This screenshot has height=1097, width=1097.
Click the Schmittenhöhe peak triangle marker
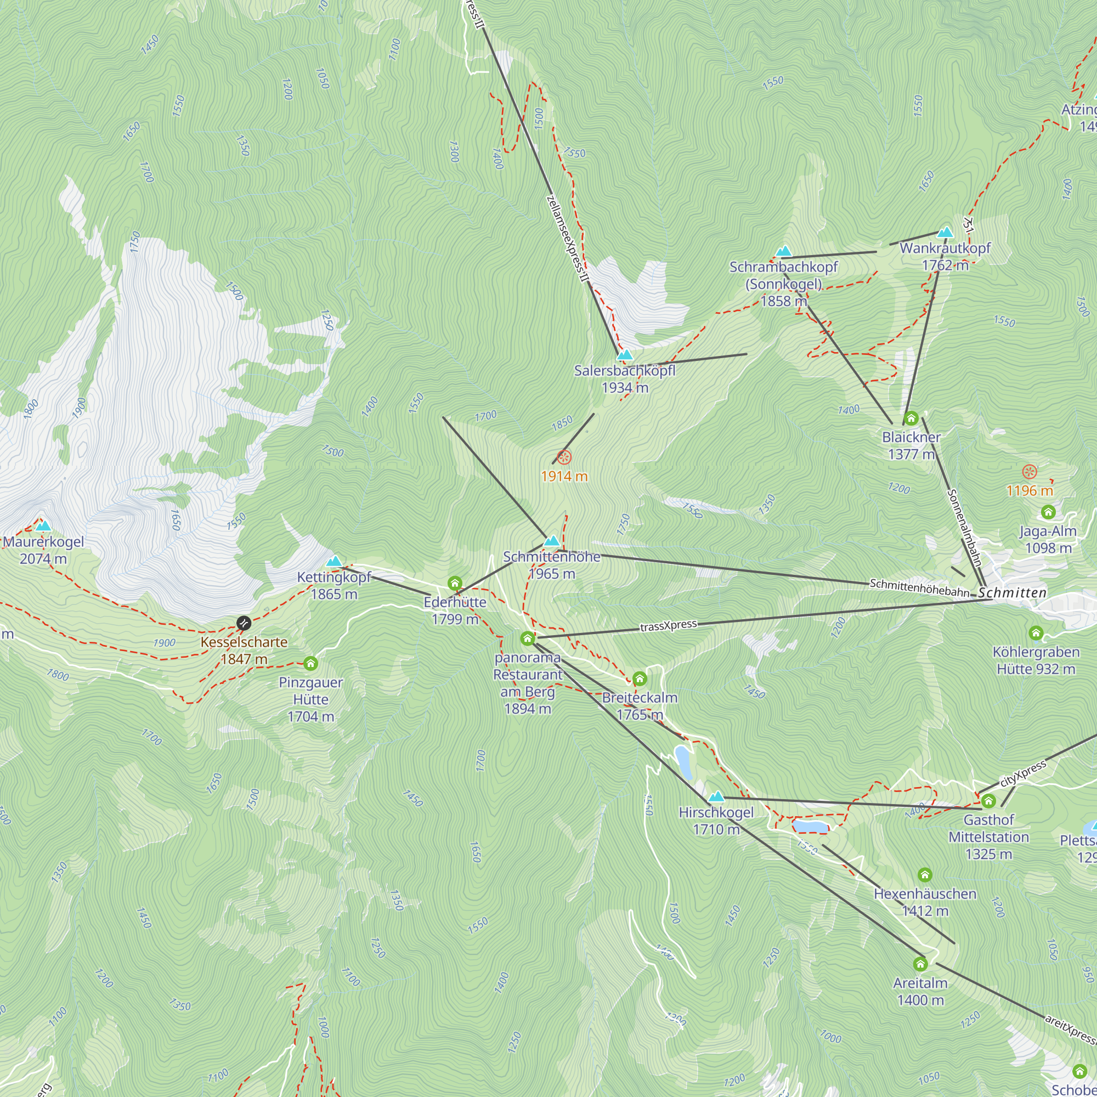click(551, 541)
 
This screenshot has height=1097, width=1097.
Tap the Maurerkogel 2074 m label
click(43, 550)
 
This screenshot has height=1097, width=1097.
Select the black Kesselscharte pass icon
click(244, 623)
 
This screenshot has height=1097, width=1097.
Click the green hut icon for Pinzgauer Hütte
click(310, 663)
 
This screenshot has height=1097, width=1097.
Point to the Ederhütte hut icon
click(454, 583)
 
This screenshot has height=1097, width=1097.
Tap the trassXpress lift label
click(668, 626)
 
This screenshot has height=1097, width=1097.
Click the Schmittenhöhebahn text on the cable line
click(919, 587)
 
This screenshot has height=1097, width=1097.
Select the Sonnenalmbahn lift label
click(964, 528)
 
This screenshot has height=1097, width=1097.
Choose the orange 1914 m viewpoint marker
click(564, 457)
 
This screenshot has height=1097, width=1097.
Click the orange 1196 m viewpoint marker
click(1030, 471)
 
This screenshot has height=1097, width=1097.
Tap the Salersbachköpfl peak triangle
click(625, 355)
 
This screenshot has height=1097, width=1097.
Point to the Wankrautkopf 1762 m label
click(945, 256)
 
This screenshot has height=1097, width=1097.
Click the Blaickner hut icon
click(911, 419)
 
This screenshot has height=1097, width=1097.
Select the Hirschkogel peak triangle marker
click(716, 796)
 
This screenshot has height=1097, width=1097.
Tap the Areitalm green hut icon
click(920, 964)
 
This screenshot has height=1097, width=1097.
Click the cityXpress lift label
click(1022, 773)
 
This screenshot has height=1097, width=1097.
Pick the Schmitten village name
click(1012, 593)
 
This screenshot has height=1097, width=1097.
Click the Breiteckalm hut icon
click(640, 678)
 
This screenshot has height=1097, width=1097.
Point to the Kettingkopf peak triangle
click(334, 562)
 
